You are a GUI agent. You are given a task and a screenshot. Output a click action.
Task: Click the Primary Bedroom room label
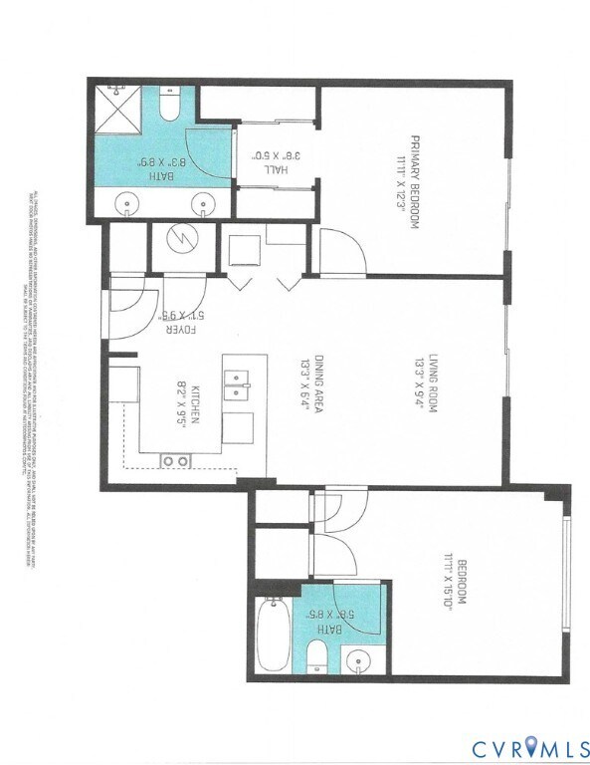[x=408, y=182]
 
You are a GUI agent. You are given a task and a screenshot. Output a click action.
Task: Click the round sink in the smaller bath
[x=356, y=658]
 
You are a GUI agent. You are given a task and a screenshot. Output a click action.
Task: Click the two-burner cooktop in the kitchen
[x=176, y=459]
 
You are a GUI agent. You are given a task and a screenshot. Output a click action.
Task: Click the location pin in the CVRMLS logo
[x=528, y=744]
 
